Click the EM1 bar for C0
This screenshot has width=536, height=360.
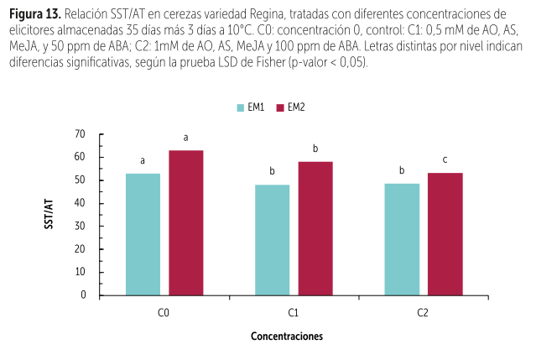pos(143,234)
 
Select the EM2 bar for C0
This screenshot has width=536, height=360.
pos(185,222)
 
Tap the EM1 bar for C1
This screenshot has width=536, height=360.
pos(272,240)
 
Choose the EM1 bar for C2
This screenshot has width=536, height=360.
pos(402,239)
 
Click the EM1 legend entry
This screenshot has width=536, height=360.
pos(252,107)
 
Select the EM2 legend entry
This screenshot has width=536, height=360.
pos(290,107)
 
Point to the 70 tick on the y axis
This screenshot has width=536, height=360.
pos(81,134)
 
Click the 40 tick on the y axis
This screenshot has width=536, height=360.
pos(81,203)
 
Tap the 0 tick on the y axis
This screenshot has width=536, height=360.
pos(83,295)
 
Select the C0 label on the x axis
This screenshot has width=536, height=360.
pos(164,312)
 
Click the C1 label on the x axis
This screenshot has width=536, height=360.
pos(294,312)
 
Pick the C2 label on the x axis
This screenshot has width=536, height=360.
pos(423,312)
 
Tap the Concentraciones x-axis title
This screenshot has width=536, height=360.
pos(286,336)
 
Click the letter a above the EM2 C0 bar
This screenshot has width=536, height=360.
pos(185,138)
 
